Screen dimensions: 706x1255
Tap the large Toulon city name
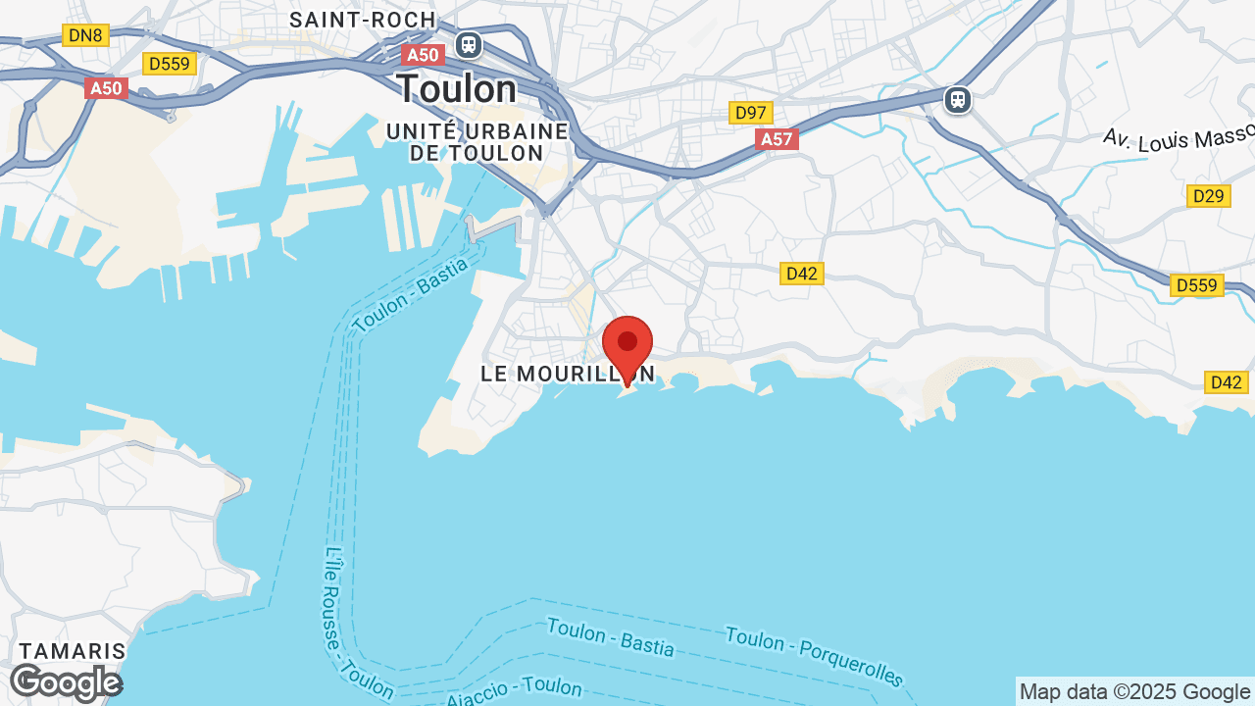(456, 89)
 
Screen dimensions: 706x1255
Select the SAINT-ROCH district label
(363, 20)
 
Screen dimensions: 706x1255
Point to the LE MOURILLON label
(567, 374)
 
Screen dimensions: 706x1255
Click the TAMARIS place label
(74, 651)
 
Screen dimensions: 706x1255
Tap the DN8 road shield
(85, 36)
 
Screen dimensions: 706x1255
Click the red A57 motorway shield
(777, 139)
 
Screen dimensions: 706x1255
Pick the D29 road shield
(1208, 196)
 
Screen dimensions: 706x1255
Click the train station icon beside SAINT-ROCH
(468, 44)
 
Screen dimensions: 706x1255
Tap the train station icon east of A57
(957, 99)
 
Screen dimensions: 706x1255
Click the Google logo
(66, 682)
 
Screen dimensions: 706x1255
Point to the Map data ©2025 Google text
(1134, 691)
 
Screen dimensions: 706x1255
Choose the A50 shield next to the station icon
(423, 55)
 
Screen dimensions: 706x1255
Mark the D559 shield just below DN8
(170, 64)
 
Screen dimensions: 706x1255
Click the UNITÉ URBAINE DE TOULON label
(477, 142)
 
